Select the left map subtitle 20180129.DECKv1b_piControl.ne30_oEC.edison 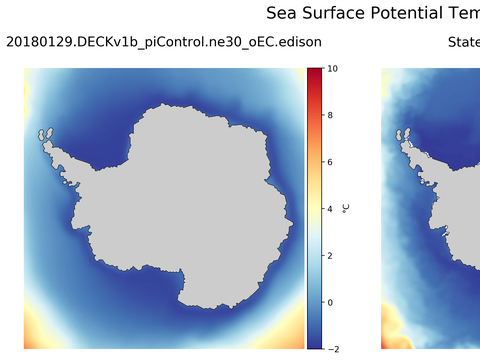164,42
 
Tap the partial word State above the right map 463,42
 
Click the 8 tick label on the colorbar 331,116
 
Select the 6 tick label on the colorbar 331,162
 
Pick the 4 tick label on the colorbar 331,209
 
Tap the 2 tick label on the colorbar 331,255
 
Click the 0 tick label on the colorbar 331,302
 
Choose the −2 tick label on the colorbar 332,348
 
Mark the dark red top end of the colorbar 314,72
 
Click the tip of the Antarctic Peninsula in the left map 44,132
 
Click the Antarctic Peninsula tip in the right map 402,132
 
